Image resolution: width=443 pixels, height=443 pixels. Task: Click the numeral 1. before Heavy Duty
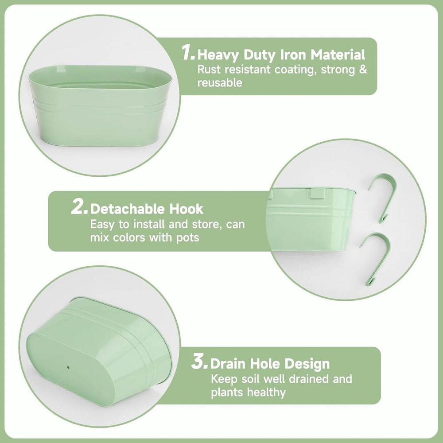click(188, 53)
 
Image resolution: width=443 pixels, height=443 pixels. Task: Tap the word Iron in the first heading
click(294, 54)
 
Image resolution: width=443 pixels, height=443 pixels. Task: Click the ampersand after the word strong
click(363, 69)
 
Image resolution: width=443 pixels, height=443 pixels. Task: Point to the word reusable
click(220, 83)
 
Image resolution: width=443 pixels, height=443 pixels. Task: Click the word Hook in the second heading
click(186, 209)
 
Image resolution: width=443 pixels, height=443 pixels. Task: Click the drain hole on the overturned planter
click(68, 367)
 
